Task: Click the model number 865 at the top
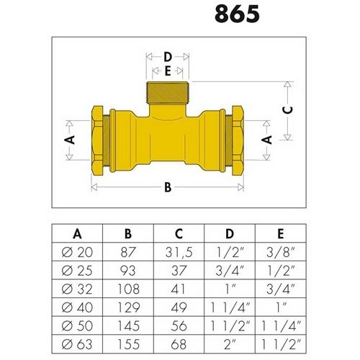[237, 14]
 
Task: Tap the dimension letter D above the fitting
[168, 57]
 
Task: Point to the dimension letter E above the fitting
[168, 71]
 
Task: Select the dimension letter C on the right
[287, 110]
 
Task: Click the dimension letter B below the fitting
[168, 187]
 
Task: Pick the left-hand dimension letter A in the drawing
[70, 140]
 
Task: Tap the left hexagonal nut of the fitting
[97, 140]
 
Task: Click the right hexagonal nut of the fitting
[238, 140]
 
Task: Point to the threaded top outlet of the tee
[168, 93]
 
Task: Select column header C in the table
[179, 233]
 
